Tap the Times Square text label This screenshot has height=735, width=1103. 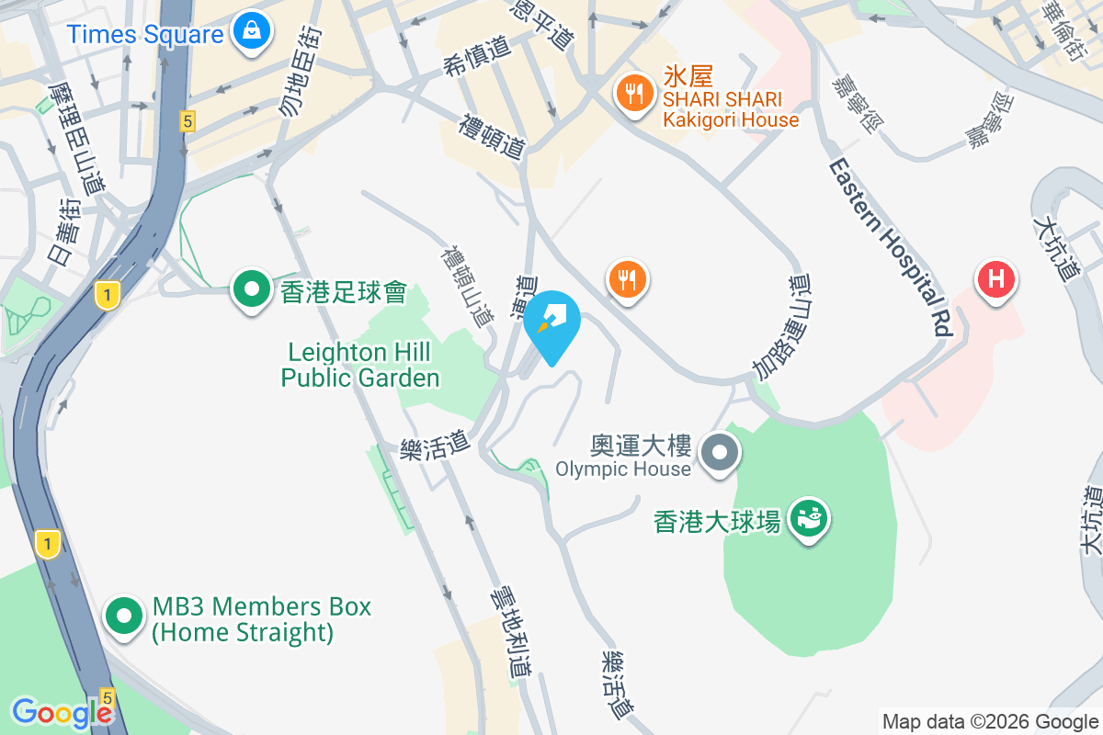click(x=145, y=35)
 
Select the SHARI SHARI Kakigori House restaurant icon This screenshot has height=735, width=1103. click(x=633, y=92)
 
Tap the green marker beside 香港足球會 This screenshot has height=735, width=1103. click(x=251, y=289)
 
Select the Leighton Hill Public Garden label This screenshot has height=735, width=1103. click(x=360, y=365)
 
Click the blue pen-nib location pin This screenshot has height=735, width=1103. click(x=552, y=322)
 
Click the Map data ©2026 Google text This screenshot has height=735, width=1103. click(x=990, y=721)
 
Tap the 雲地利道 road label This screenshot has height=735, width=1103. click(x=511, y=635)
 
